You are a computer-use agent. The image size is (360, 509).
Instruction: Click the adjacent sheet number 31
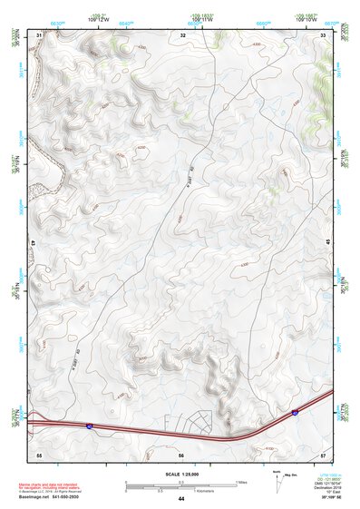[39, 34]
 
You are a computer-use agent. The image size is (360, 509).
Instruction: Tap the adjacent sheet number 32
[182, 34]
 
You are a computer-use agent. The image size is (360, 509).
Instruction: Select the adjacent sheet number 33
[324, 34]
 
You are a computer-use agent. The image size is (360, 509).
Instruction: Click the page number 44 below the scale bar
[181, 499]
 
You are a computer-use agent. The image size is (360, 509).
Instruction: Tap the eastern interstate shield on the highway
[295, 412]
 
